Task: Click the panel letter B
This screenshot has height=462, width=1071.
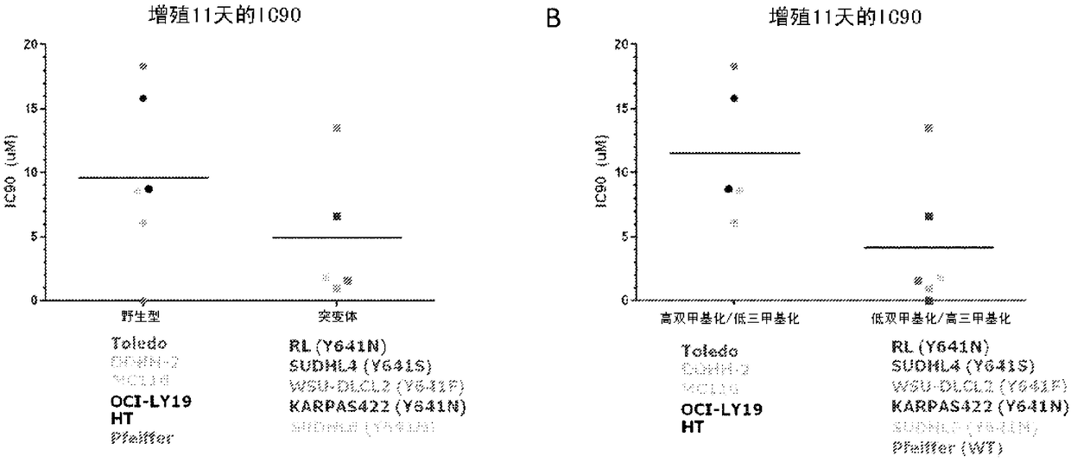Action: [555, 19]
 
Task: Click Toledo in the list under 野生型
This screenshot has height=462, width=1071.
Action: [139, 344]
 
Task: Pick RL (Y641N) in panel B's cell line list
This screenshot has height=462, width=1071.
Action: [934, 348]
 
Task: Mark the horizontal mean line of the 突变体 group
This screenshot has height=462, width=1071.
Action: [337, 237]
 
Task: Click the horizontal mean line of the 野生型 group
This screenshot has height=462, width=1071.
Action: [143, 178]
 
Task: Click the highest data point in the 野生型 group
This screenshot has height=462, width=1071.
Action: [143, 66]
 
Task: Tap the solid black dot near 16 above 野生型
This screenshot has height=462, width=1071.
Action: [143, 98]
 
